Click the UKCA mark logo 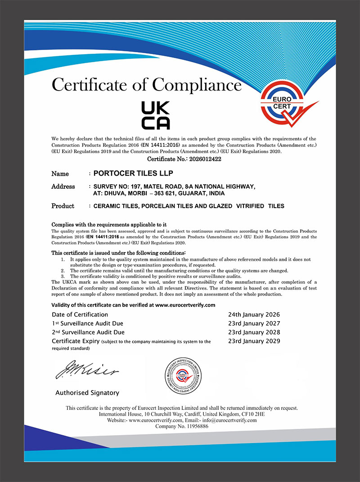point(156,115)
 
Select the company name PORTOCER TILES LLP point(133,173)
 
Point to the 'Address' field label point(63,186)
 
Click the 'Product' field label point(63,206)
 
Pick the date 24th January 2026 point(254,314)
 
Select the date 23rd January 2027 point(254,323)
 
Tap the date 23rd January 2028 point(254,332)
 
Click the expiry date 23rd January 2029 point(254,341)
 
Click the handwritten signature point(86,369)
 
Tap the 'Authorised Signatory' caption point(87,393)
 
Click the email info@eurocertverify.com point(229,420)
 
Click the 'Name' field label point(60,173)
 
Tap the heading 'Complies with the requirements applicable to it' point(109,224)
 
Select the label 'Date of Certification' point(80,314)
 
